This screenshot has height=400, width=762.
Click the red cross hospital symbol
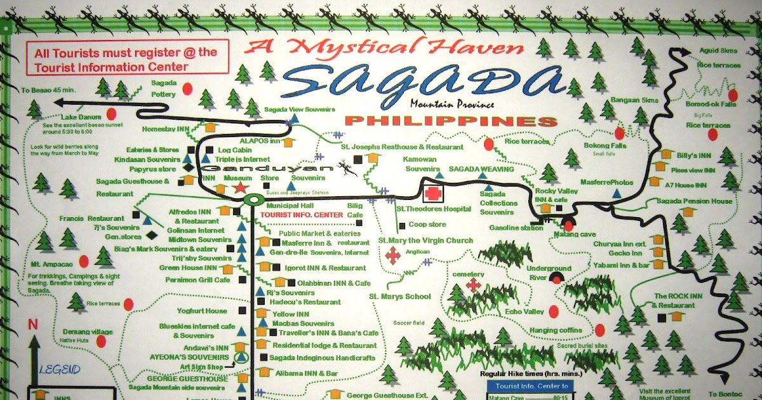434,193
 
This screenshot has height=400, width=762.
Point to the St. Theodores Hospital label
434,208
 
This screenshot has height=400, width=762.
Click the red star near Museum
240,188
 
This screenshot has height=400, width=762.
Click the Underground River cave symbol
558,277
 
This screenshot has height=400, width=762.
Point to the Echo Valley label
525,312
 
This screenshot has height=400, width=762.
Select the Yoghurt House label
201,311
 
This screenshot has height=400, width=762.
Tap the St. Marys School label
400,297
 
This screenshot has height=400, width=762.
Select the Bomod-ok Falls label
711,103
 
